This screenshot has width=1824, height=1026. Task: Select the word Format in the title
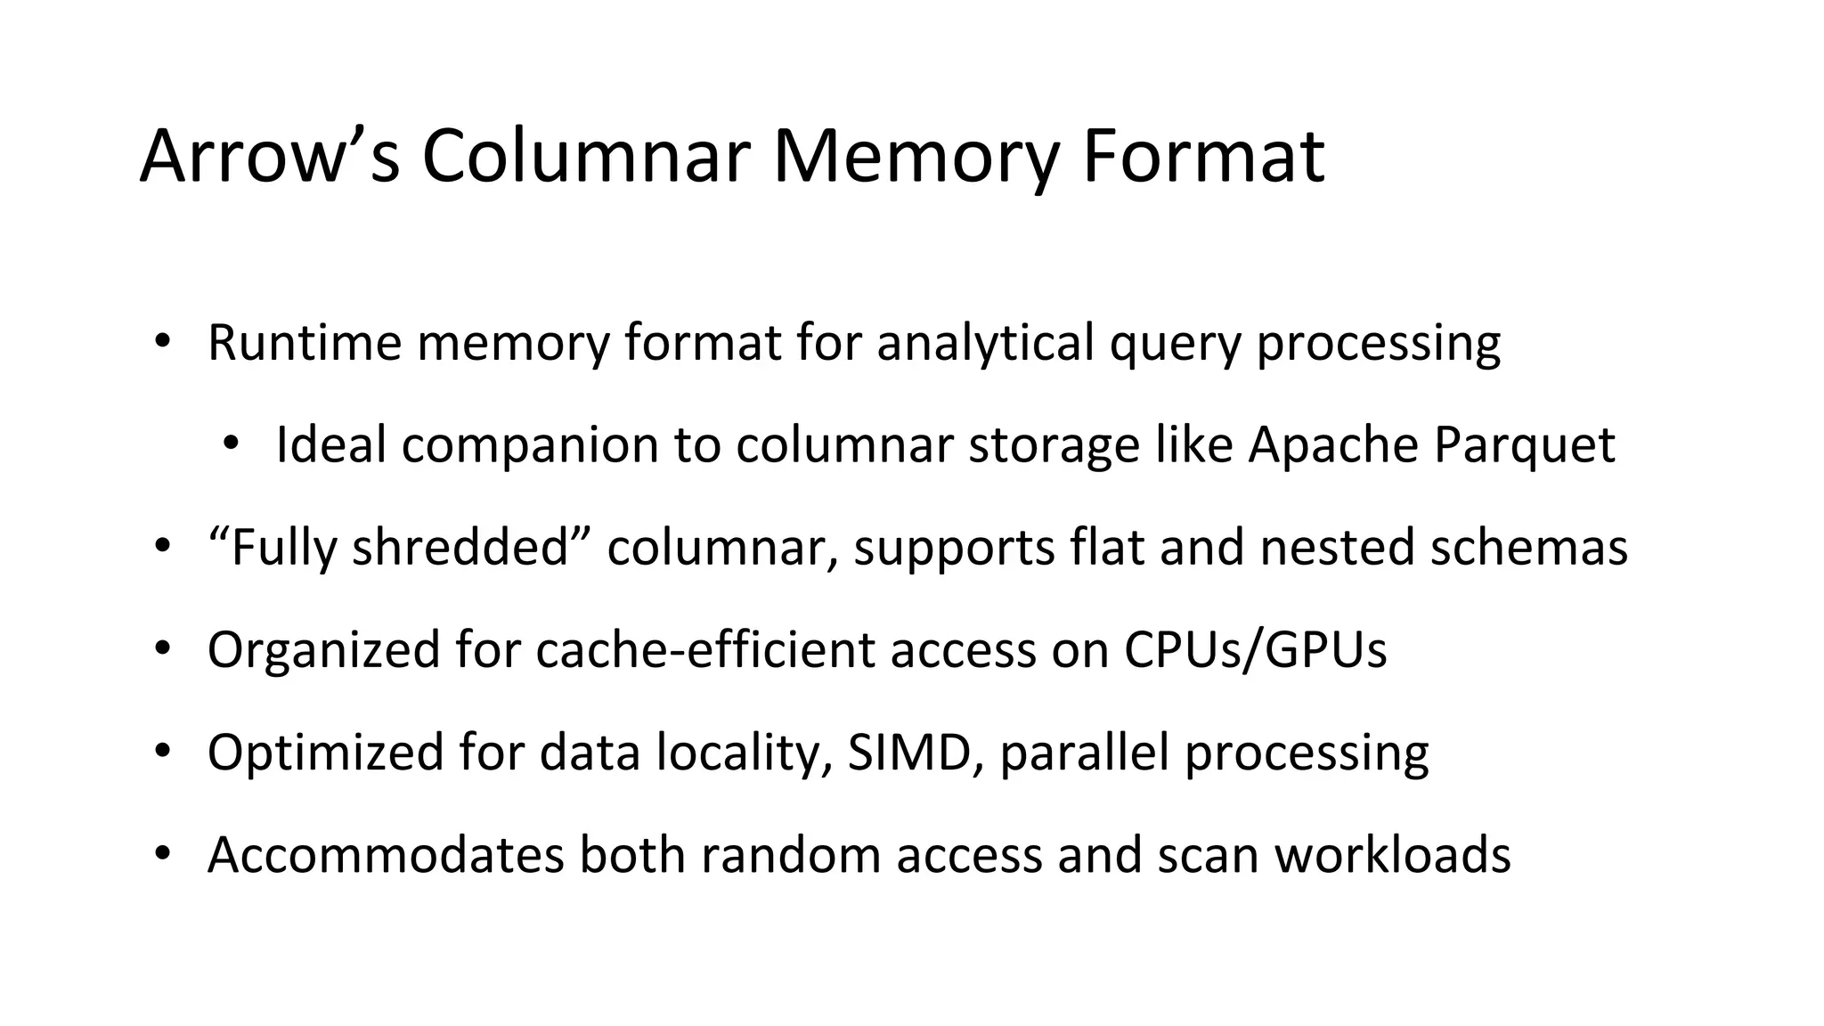(1203, 157)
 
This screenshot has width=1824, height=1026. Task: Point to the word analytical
(985, 342)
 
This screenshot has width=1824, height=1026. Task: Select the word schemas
(1528, 547)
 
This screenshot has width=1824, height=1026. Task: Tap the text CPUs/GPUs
(1255, 649)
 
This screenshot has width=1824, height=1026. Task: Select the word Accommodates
(386, 854)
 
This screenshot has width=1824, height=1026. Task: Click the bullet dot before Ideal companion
(231, 443)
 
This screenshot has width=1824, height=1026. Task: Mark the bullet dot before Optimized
(161, 750)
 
